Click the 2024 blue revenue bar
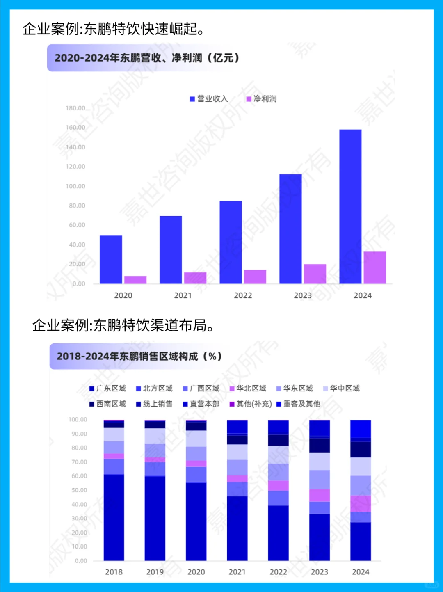coord(350,206)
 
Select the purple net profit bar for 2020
coord(135,280)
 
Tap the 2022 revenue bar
coord(231,242)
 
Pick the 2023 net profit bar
coord(315,274)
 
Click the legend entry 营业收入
coord(208,99)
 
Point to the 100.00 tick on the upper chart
coord(75,186)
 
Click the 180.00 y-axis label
coord(75,108)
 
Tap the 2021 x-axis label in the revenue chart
coord(183,295)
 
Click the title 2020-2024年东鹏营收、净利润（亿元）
coord(147,58)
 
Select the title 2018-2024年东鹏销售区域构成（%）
coord(139,356)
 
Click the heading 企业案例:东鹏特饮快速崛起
coord(113,29)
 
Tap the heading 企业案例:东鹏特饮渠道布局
coord(123,325)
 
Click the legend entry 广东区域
coord(107,389)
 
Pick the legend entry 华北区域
coord(248,389)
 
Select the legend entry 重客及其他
coord(298,404)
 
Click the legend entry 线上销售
coord(154,404)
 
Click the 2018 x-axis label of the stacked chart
coord(114,572)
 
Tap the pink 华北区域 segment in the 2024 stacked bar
coord(361,503)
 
